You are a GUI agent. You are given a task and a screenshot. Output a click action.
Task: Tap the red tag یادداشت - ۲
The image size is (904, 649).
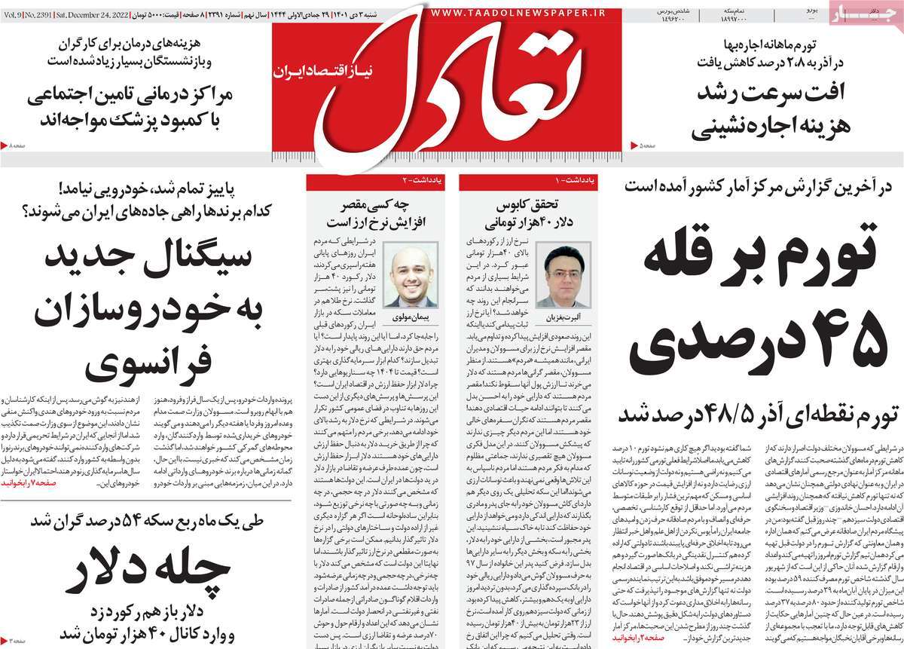[414, 181]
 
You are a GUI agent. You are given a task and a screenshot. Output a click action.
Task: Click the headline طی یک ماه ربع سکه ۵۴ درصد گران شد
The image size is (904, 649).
[154, 543]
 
